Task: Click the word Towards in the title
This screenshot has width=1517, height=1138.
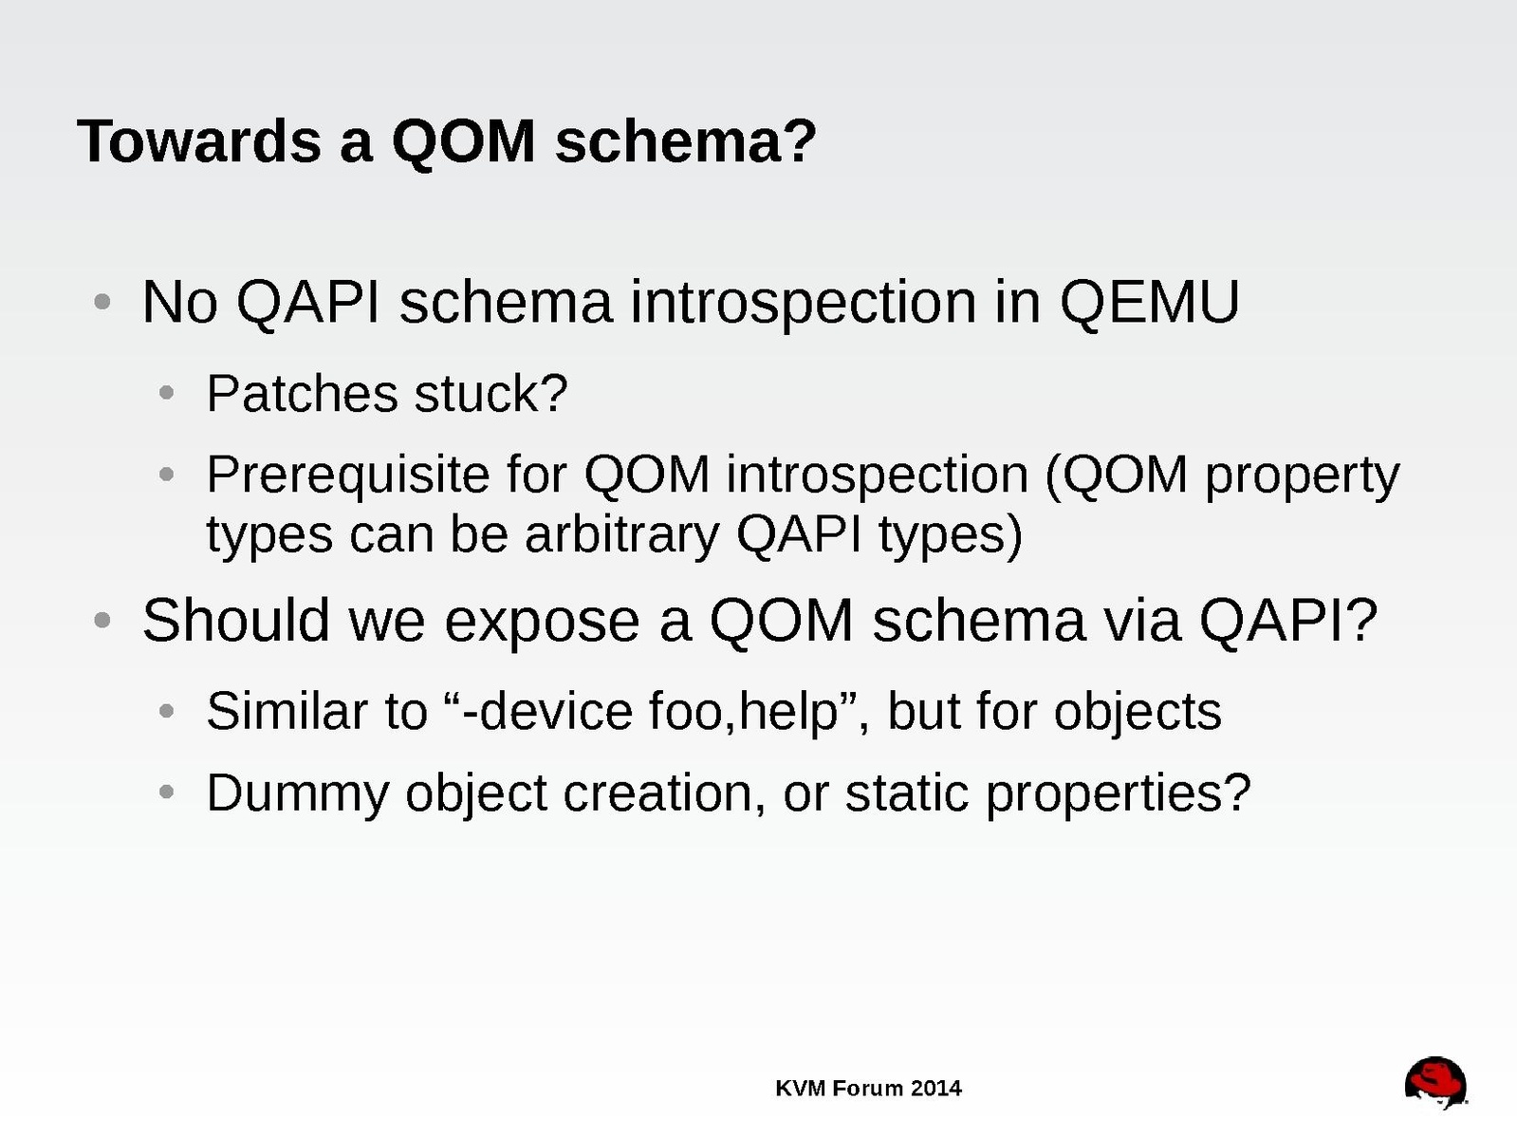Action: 199,141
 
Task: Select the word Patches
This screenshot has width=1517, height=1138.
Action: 302,393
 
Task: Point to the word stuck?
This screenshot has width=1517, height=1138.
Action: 490,393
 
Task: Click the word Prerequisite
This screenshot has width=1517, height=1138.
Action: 347,476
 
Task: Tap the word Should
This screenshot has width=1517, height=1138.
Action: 235,620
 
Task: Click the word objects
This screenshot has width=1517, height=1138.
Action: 1138,712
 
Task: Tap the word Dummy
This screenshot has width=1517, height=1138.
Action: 298,793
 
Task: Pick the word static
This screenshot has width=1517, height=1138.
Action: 907,793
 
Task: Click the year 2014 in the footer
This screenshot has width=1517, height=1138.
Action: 935,1089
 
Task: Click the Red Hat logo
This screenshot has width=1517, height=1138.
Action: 1436,1083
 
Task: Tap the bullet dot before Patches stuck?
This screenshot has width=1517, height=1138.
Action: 166,393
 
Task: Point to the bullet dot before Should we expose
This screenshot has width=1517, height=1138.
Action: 102,620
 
